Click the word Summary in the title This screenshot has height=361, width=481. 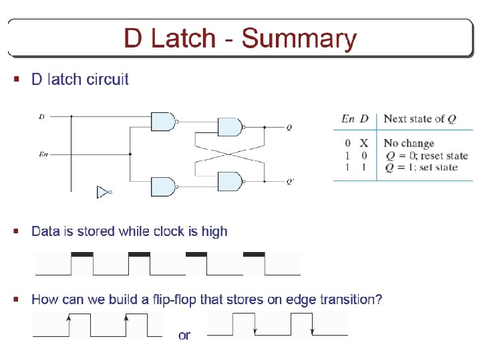[299, 39]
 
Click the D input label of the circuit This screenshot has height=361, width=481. [41, 116]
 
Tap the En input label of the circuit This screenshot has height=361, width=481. [43, 154]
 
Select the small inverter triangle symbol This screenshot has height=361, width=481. [103, 192]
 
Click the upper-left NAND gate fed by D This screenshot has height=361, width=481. [164, 121]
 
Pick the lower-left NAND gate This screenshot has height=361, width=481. [164, 187]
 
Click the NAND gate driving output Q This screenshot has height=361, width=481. [230, 127]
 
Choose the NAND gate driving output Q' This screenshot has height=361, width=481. [230, 180]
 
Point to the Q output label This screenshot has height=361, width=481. [289, 127]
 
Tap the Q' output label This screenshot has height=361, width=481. [290, 180]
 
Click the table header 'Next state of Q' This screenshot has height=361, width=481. [420, 119]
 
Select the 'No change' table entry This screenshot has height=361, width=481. [409, 143]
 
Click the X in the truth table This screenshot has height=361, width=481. [364, 143]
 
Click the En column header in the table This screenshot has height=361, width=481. [347, 119]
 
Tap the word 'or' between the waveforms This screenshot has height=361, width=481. [184, 335]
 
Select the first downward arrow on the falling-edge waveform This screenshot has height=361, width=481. [255, 329]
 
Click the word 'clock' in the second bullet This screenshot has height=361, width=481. [168, 231]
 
